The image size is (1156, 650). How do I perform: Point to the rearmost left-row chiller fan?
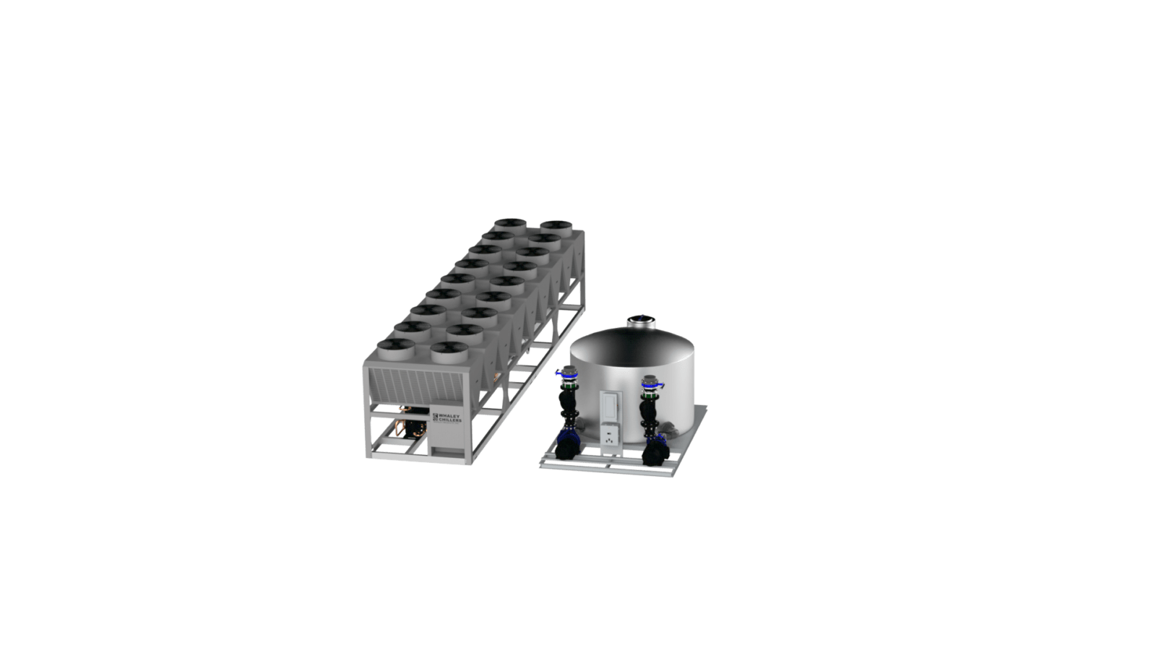coord(508,225)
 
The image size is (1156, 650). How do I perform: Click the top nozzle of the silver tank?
coord(638,320)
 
